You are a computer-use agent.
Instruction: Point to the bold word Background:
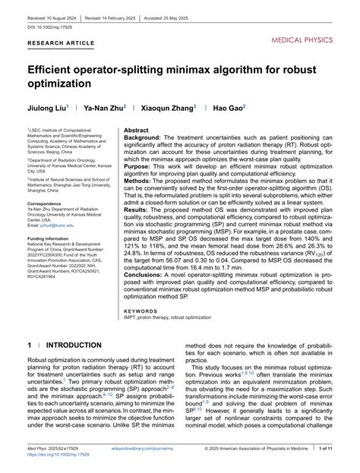pyautogui.click(x=143, y=138)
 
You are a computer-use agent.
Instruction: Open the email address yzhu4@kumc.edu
pyautogui.click(x=56, y=226)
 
